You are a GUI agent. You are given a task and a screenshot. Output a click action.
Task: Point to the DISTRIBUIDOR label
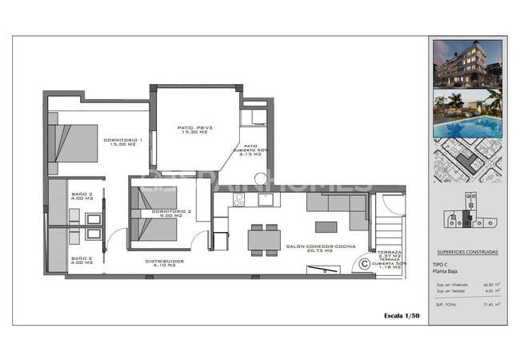(x=165, y=261)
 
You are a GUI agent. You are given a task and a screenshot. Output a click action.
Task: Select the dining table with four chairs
(x=264, y=238)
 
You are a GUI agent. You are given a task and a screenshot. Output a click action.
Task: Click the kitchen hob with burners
(x=238, y=200)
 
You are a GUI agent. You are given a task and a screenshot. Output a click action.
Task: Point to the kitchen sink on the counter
(x=265, y=199)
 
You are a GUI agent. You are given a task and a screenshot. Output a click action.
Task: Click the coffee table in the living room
(x=326, y=226)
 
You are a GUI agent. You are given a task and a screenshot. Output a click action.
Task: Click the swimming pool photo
(x=468, y=113)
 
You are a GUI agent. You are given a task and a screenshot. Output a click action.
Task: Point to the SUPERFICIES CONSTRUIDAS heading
(x=468, y=251)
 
